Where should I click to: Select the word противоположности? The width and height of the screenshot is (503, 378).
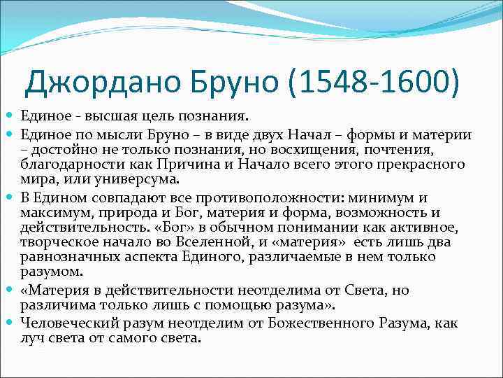291,198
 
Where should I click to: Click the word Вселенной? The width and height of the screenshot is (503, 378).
198,242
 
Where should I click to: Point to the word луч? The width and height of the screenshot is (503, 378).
33,338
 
